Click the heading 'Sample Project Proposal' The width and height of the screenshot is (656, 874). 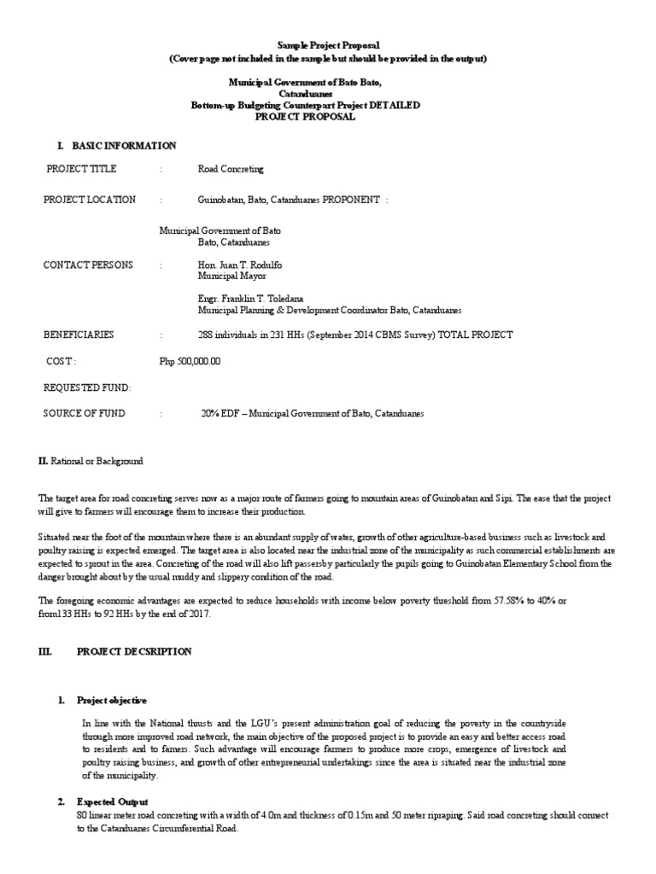click(x=327, y=44)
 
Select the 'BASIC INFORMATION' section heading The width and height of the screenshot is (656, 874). click(x=124, y=146)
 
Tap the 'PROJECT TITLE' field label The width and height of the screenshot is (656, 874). click(x=81, y=169)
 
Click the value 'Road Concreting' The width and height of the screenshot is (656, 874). click(x=231, y=169)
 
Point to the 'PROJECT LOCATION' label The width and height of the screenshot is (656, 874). click(x=90, y=200)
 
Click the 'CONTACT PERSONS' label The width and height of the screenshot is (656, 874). click(x=88, y=265)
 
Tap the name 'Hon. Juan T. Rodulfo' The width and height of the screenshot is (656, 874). click(x=240, y=265)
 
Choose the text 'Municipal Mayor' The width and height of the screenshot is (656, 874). click(x=231, y=277)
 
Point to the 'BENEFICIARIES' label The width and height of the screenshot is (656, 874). click(x=79, y=335)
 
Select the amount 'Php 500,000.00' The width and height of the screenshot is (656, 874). click(x=190, y=361)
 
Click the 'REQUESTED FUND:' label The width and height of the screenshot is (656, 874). click(x=87, y=387)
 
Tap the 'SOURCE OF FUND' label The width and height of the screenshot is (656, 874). click(x=84, y=413)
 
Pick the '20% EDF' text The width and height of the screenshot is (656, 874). click(x=220, y=413)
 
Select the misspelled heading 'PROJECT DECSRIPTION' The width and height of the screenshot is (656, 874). click(x=134, y=651)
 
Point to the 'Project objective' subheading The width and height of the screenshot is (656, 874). click(x=112, y=700)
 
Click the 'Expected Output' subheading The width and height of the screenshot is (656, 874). click(x=113, y=802)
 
